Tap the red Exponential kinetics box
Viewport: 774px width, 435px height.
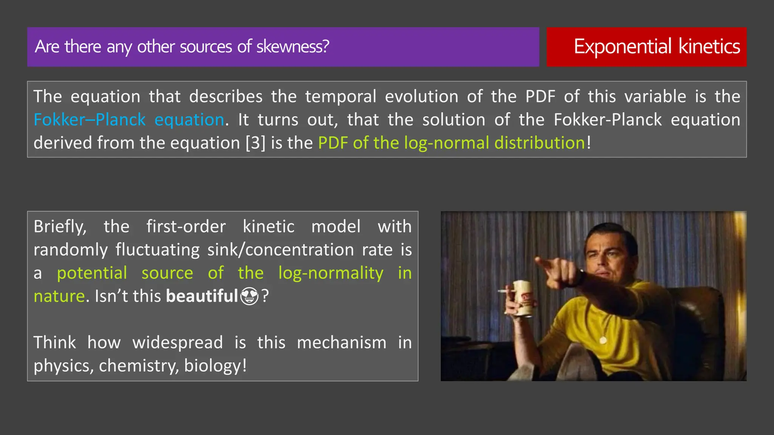(646, 47)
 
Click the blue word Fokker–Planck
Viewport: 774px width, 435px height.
(90, 120)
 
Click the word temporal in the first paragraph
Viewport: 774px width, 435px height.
(341, 97)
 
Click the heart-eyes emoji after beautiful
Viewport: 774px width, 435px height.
(249, 296)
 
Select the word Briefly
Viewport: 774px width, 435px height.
(60, 227)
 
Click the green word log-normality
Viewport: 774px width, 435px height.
(331, 273)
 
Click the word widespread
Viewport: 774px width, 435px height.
(177, 343)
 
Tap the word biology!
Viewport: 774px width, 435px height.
(215, 366)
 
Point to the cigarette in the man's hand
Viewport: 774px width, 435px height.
(504, 291)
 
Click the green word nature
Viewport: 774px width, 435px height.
(59, 296)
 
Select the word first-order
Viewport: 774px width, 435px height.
(186, 227)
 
